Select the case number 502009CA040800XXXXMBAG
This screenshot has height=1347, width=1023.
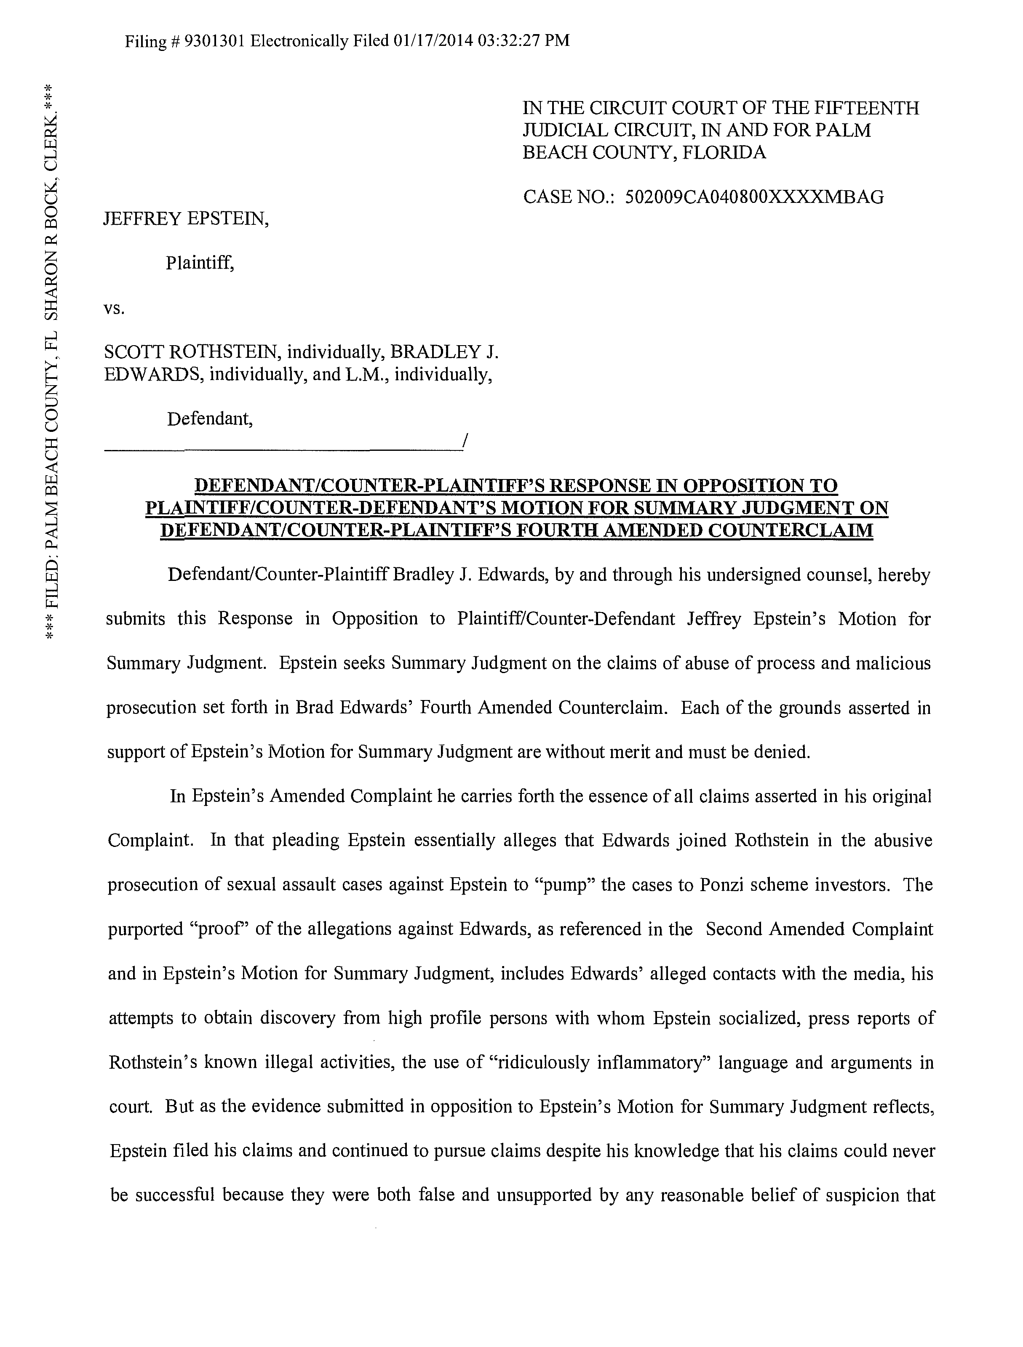754,197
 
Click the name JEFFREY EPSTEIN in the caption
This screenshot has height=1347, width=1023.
186,218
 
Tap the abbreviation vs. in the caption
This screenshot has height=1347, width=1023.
115,308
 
